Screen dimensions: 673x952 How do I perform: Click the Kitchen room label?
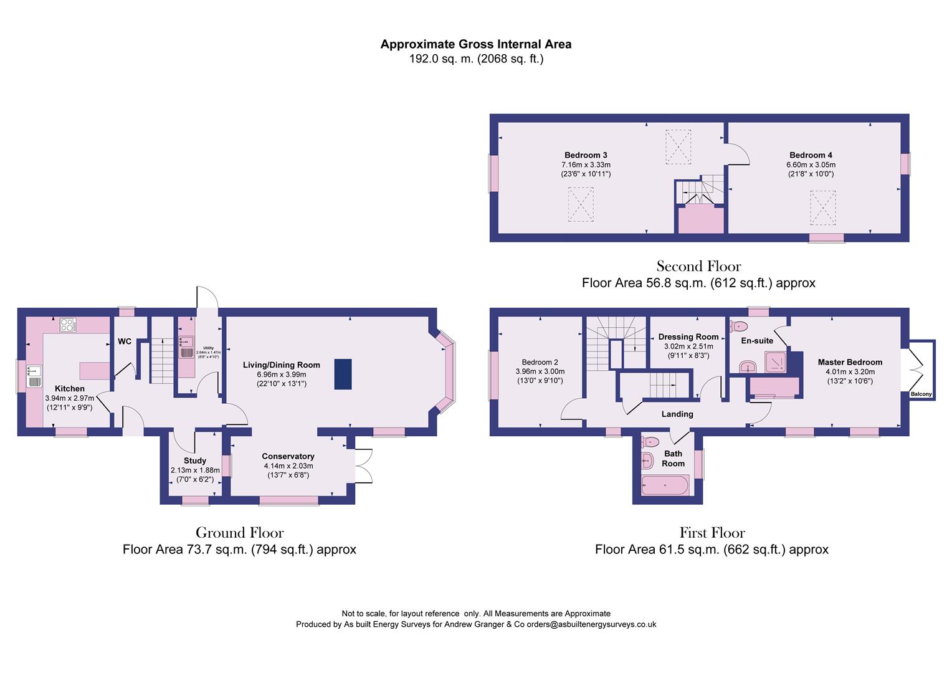(69, 388)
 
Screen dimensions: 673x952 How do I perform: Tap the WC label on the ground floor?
(125, 341)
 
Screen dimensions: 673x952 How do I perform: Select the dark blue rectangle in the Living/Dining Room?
(343, 374)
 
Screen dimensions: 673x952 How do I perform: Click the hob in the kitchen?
(67, 325)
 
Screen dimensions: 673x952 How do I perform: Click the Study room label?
(194, 461)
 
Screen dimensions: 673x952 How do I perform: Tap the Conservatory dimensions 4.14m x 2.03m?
(288, 465)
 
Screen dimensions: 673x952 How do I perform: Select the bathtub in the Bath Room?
(665, 485)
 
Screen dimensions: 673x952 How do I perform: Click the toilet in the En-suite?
(739, 325)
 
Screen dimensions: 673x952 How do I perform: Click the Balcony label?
(921, 394)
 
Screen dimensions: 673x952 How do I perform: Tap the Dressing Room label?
(688, 336)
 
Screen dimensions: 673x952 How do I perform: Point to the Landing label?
(677, 414)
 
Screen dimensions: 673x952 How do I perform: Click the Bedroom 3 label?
(586, 155)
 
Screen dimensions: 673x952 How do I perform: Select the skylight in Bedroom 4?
(822, 208)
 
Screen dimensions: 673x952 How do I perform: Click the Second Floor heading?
(698, 267)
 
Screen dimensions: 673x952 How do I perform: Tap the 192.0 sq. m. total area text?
(476, 59)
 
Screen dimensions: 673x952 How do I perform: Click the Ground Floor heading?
(239, 533)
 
